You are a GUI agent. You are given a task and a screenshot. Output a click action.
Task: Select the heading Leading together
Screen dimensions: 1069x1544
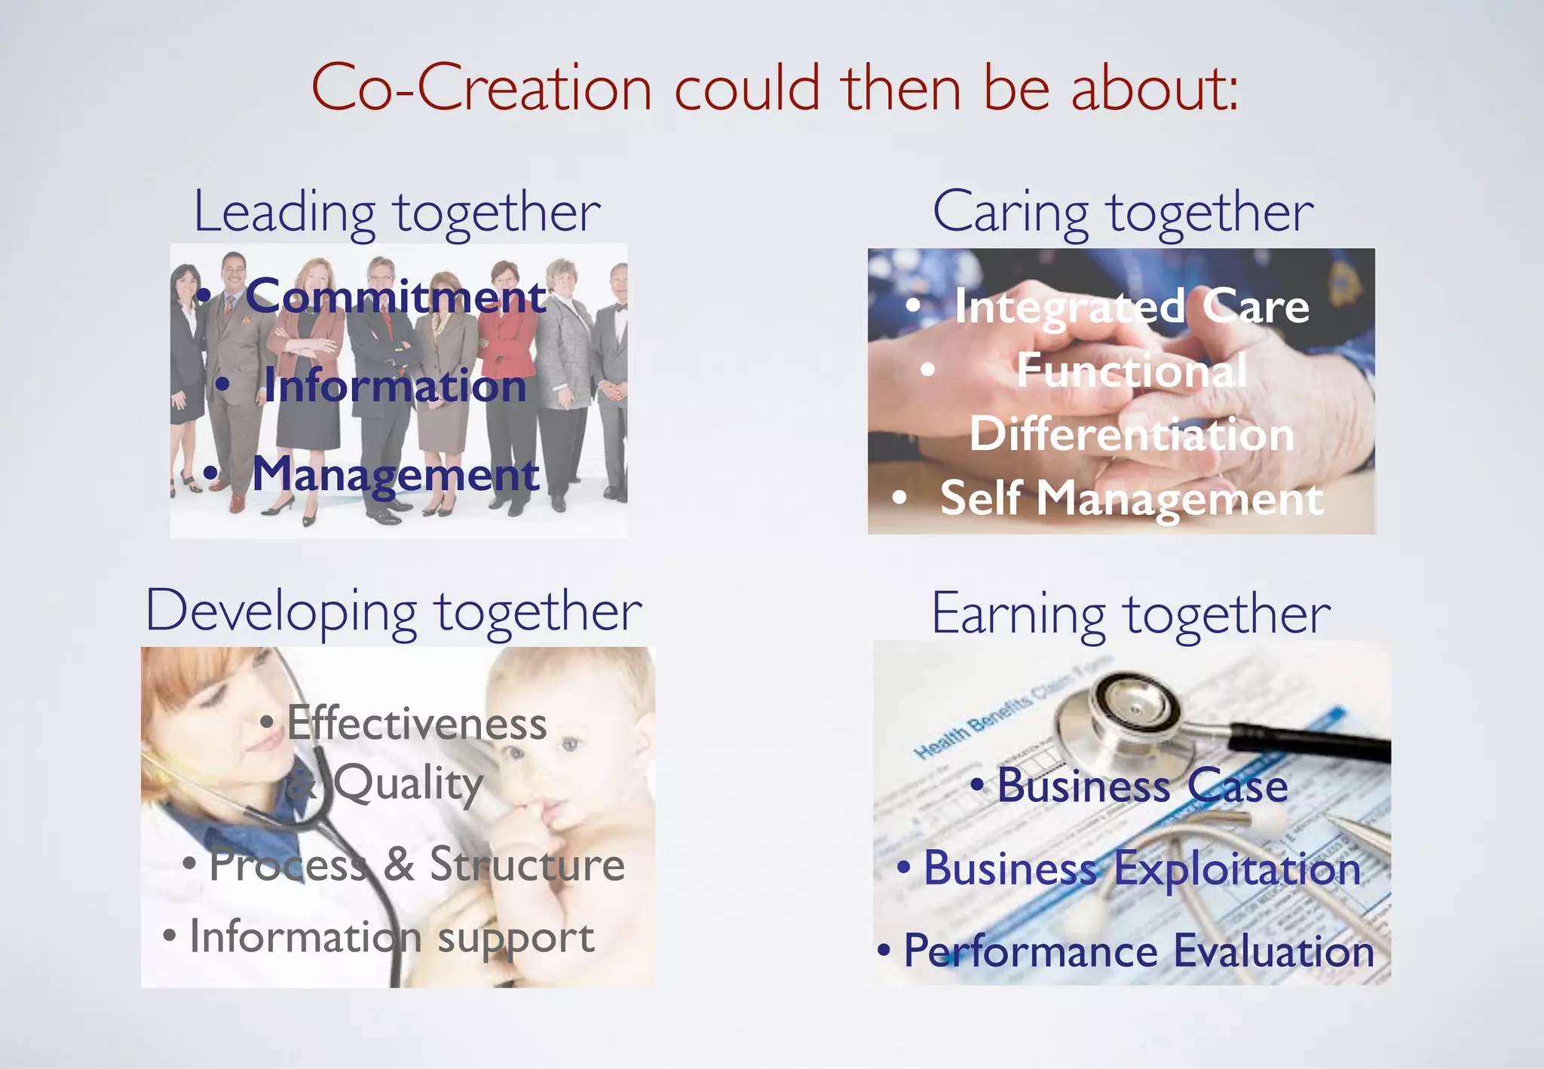coord(397,213)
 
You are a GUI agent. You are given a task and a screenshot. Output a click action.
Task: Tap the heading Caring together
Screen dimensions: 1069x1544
coord(1123,213)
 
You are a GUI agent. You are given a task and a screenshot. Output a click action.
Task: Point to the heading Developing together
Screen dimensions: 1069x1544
coord(394,611)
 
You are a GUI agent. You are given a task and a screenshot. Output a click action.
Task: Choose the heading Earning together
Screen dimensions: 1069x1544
coord(1131,614)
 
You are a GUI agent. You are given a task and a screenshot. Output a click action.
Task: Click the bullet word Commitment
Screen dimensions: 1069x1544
coord(396,296)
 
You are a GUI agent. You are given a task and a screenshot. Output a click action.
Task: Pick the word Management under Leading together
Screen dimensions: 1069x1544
coord(396,474)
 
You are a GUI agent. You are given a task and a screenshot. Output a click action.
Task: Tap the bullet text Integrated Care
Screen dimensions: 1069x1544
coord(1132,307)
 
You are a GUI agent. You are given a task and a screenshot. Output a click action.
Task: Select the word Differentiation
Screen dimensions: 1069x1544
coord(1132,434)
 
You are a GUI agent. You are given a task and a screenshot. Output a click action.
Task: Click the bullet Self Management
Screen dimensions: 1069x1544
coord(1132,498)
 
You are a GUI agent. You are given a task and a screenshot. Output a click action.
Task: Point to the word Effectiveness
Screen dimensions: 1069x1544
coord(417,724)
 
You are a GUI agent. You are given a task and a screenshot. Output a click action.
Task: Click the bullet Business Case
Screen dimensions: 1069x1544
coord(1142,786)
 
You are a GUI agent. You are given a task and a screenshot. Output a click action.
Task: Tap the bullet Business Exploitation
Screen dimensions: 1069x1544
coord(1142,868)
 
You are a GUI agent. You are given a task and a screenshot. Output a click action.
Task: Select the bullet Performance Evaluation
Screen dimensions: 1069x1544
coord(1138,951)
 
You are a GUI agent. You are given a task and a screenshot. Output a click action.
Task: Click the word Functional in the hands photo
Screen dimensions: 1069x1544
coord(1132,371)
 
